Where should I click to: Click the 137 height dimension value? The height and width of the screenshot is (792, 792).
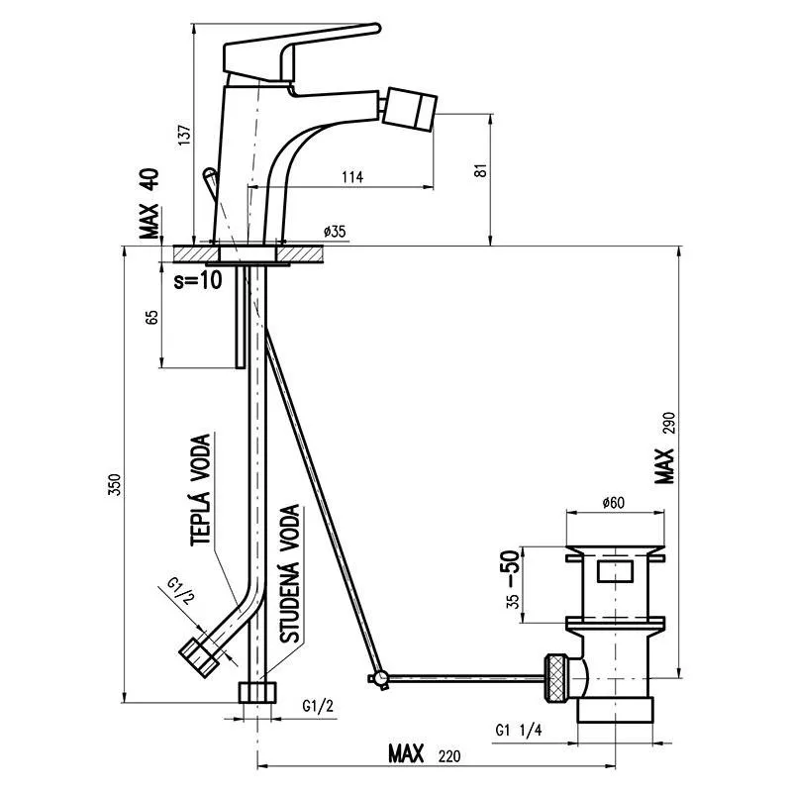pyautogui.click(x=185, y=135)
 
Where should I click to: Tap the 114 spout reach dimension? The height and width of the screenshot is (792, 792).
pyautogui.click(x=352, y=177)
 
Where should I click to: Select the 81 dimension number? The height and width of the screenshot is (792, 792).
pyautogui.click(x=481, y=170)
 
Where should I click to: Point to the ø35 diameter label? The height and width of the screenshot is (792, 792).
pyautogui.click(x=335, y=232)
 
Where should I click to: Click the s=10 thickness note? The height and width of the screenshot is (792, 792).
pyautogui.click(x=197, y=279)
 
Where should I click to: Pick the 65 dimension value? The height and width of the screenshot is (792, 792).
pyautogui.click(x=151, y=317)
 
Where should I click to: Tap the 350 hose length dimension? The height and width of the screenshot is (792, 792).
pyautogui.click(x=115, y=485)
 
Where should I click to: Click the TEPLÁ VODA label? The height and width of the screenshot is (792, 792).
pyautogui.click(x=201, y=490)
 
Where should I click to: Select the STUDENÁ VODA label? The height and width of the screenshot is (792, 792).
pyautogui.click(x=290, y=573)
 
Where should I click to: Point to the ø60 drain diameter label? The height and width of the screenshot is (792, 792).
pyautogui.click(x=613, y=503)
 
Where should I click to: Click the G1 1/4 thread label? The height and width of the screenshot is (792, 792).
pyautogui.click(x=518, y=730)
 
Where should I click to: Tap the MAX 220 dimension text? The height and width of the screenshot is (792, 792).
pyautogui.click(x=425, y=754)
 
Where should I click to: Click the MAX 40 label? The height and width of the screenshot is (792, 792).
pyautogui.click(x=149, y=203)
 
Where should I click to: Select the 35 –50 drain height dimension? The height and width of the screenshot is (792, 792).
pyautogui.click(x=512, y=579)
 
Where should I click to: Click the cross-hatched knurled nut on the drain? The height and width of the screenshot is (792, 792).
pyautogui.click(x=556, y=678)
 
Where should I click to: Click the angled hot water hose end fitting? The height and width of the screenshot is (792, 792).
pyautogui.click(x=199, y=656)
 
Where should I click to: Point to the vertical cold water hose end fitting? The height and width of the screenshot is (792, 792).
pyautogui.click(x=257, y=692)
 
